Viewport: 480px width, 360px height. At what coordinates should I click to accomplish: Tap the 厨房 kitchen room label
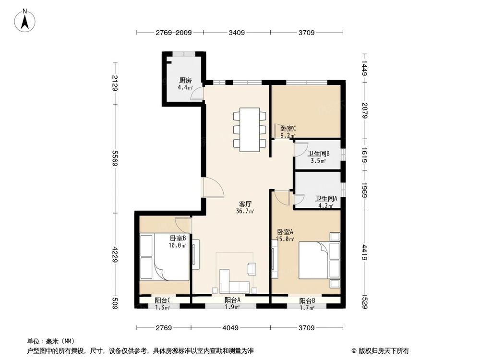[x=185, y=81]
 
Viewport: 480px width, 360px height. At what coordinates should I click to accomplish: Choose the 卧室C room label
[x=288, y=129]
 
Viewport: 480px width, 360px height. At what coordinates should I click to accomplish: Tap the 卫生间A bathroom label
[x=326, y=198]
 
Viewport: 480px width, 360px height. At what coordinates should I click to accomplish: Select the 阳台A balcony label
[x=232, y=300]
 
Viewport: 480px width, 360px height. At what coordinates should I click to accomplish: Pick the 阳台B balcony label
[x=307, y=301]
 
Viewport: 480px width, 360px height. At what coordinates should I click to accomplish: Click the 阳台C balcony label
[x=162, y=300]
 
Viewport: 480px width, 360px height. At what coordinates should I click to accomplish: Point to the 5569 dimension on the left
[x=115, y=157]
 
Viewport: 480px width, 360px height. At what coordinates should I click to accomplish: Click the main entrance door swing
[x=212, y=188]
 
